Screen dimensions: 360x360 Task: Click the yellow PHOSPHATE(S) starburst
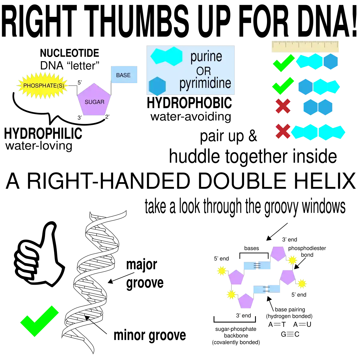tap(43, 86)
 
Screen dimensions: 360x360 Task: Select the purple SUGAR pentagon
tap(94, 100)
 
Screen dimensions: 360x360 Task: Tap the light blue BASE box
tap(124, 75)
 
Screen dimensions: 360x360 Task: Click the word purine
tap(206, 56)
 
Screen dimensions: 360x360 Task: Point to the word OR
tap(203, 71)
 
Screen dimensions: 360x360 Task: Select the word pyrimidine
tap(205, 83)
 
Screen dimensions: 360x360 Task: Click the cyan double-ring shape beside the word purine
tap(166, 56)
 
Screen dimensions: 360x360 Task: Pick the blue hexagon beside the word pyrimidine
tap(157, 86)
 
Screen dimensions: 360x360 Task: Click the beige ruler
tap(306, 47)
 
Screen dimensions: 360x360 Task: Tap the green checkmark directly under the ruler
tap(283, 63)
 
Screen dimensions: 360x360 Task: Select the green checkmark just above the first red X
tap(282, 86)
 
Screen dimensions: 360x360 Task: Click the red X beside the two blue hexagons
tap(282, 107)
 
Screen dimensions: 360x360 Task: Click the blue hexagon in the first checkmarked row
tap(331, 61)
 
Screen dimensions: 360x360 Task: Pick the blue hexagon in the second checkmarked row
tap(305, 87)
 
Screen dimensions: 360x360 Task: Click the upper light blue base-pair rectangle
tap(257, 266)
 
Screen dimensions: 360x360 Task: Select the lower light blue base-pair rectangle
tap(267, 289)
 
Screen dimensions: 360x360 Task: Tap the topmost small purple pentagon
tap(278, 253)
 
